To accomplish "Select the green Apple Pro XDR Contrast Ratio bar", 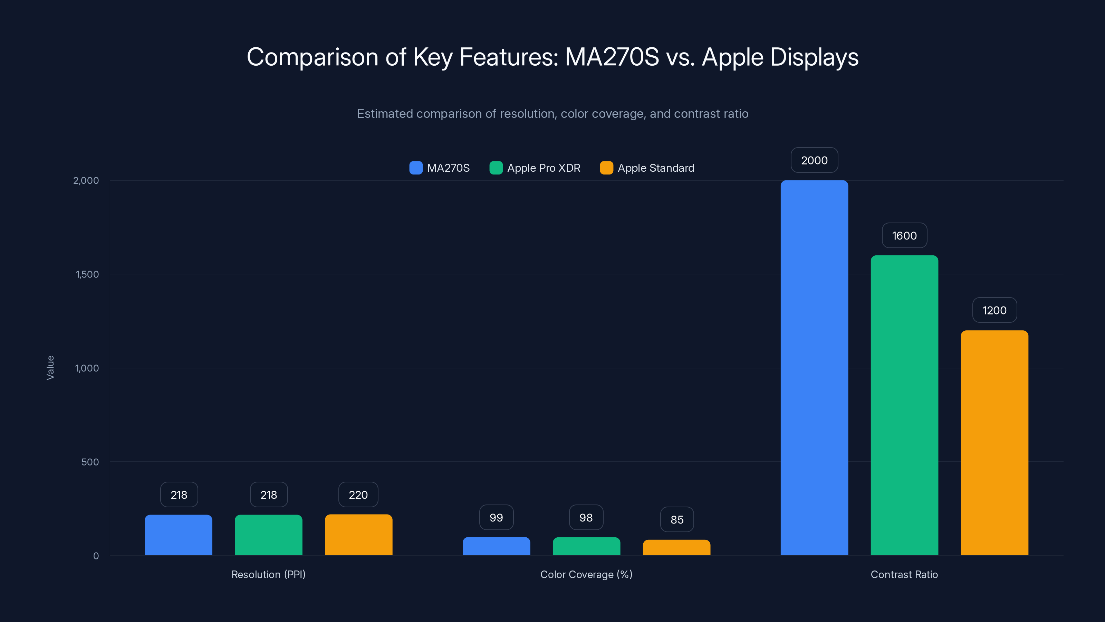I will click(904, 405).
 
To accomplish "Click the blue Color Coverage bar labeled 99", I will click(496, 546).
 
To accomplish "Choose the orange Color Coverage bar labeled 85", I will click(676, 547).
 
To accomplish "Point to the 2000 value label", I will click(814, 160).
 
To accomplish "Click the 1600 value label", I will click(904, 236).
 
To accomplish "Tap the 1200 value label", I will click(995, 310).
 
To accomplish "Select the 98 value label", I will click(586, 518).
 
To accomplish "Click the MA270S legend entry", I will click(440, 168).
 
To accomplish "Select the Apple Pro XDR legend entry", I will click(535, 168).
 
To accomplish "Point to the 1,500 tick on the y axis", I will click(87, 274).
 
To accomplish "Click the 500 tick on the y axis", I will click(90, 462).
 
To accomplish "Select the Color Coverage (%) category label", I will click(586, 574).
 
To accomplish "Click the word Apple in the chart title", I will click(732, 57).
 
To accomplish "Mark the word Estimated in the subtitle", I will click(384, 114).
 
